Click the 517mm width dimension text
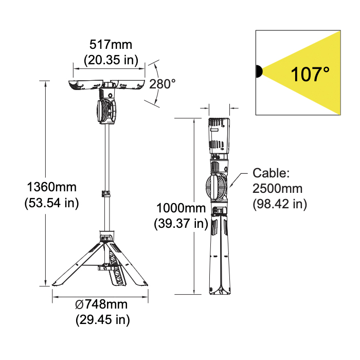(111, 45)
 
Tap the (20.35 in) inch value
(111, 60)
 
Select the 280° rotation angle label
(163, 84)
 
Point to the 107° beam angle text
(310, 74)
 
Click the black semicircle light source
(259, 71)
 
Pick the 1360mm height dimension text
(51, 187)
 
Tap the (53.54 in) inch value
(51, 203)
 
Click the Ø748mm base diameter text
(101, 304)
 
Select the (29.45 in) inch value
(103, 319)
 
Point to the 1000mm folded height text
(181, 208)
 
